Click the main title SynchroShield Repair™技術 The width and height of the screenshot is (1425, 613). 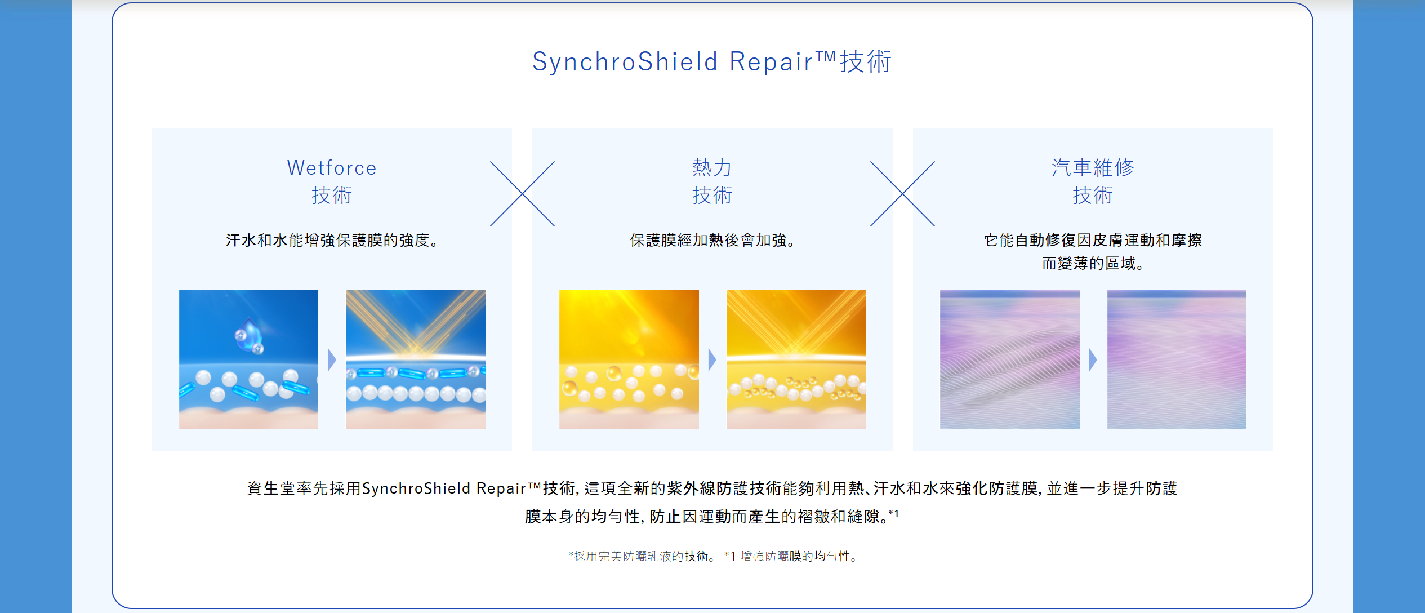712,61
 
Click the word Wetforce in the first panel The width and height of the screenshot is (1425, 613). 332,168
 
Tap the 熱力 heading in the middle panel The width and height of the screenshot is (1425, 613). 712,167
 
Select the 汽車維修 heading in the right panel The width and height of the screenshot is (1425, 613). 1093,167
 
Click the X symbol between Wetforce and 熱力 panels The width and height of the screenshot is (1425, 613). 522,194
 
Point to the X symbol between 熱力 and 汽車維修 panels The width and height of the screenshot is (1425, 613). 902,194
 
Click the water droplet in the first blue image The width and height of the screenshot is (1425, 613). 249,334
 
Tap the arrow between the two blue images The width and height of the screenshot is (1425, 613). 332,359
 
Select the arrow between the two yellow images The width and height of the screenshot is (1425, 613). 712,359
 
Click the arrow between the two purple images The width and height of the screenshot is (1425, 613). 1093,359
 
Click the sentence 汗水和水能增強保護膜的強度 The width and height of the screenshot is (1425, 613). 332,241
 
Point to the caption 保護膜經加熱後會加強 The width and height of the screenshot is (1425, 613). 712,241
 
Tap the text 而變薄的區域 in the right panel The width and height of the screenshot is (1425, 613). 1093,263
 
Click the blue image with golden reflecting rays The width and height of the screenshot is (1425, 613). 416,359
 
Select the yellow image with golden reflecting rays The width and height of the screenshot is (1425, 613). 796,359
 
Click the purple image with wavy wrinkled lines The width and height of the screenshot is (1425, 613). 1010,359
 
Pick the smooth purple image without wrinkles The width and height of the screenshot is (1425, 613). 1177,359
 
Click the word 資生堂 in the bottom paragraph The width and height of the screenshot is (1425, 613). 271,488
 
